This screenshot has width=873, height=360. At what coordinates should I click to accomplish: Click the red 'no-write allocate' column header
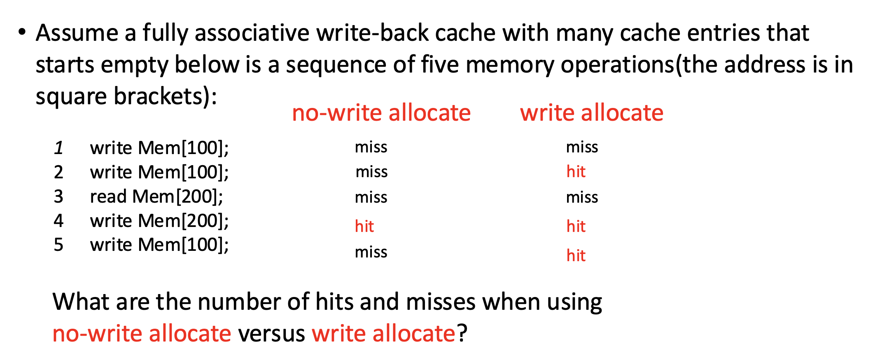pos(381,113)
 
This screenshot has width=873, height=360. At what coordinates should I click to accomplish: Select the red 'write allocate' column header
pos(592,113)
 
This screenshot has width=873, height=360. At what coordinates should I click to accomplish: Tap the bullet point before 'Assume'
pos(22,32)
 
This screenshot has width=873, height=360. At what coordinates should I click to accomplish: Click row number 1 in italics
pos(58,148)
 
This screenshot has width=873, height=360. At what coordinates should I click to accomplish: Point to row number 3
pos(58,196)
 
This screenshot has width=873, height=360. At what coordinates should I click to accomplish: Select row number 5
pos(58,245)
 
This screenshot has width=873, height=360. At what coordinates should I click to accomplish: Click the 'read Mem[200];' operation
pos(156,196)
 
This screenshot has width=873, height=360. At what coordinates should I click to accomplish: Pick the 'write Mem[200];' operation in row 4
pos(159,221)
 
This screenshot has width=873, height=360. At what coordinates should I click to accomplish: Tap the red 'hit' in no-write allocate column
pos(364,226)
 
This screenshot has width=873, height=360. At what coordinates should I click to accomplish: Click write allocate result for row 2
pos(576,171)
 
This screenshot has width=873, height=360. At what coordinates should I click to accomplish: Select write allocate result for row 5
pos(576,255)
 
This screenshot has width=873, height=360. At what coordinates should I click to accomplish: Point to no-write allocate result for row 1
pos(371,147)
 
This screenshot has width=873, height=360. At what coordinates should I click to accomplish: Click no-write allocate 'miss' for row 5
pos(371,252)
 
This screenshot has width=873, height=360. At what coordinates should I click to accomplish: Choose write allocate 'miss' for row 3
pos(582,197)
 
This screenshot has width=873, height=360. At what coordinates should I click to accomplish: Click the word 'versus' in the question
pos(271,334)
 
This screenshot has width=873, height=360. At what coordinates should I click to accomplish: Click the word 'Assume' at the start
pos(77,33)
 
